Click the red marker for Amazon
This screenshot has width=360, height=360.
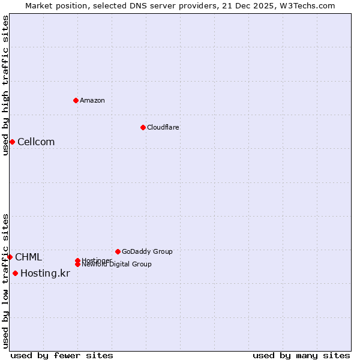tap(76, 100)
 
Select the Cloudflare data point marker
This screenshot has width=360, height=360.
tap(143, 127)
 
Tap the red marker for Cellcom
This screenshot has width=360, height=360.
tap(12, 142)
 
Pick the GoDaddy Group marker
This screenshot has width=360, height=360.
tap(118, 251)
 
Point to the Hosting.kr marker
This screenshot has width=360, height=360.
tap(15, 274)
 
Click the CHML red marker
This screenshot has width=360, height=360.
tap(10, 257)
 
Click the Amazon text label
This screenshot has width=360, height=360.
tap(92, 100)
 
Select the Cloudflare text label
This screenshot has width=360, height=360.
tap(163, 127)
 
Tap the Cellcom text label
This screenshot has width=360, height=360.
tap(36, 142)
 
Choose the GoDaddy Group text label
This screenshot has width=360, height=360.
tap(147, 251)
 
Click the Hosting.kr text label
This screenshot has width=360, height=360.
tap(45, 274)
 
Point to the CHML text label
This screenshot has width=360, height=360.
tap(28, 257)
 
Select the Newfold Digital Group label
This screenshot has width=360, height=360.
tap(116, 265)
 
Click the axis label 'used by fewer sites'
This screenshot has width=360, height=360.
tap(62, 355)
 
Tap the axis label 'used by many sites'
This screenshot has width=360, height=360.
tap(301, 355)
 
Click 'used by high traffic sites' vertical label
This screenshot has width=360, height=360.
tap(5, 85)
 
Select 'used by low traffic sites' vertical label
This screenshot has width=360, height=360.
tap(5, 281)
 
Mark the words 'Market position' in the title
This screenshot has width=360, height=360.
tap(53, 5)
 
